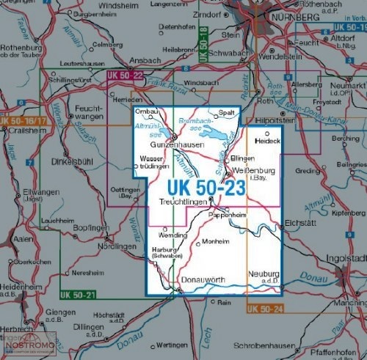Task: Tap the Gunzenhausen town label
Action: (x=178, y=147)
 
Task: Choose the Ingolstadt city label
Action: (x=344, y=260)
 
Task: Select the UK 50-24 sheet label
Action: (x=265, y=309)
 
